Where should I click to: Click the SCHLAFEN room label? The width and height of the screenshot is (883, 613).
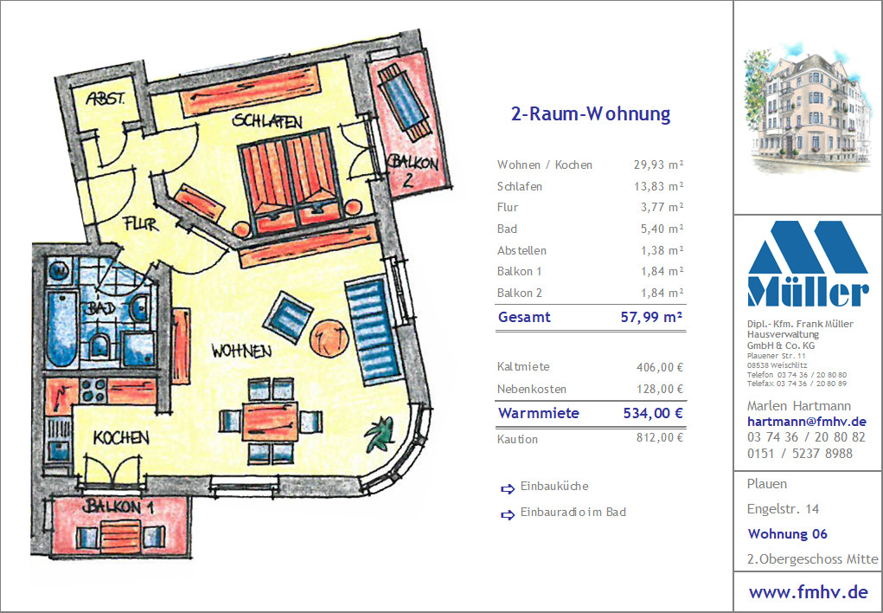pyautogui.click(x=267, y=120)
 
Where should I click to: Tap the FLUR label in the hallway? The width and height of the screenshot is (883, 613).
pyautogui.click(x=141, y=224)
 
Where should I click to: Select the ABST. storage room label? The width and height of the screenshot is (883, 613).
pyautogui.click(x=106, y=99)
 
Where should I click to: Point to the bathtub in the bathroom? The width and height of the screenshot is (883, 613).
pyautogui.click(x=61, y=329)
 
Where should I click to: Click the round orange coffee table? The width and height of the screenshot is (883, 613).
pyautogui.click(x=330, y=339)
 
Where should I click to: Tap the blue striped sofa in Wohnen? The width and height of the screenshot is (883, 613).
pyautogui.click(x=372, y=332)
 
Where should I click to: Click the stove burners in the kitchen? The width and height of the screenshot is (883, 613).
pyautogui.click(x=93, y=390)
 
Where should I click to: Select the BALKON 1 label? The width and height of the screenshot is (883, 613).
pyautogui.click(x=118, y=507)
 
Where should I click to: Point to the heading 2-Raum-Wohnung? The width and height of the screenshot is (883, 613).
pyautogui.click(x=591, y=114)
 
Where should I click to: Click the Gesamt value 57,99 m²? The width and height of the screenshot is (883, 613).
pyautogui.click(x=651, y=317)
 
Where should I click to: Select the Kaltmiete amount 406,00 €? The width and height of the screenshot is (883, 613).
pyautogui.click(x=659, y=367)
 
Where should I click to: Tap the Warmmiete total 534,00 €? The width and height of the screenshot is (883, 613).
pyautogui.click(x=653, y=413)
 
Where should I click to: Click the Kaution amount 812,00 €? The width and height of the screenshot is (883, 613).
pyautogui.click(x=659, y=437)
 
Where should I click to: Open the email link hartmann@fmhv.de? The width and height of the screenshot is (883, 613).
pyautogui.click(x=806, y=422)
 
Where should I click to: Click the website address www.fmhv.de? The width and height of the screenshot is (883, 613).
pyautogui.click(x=808, y=592)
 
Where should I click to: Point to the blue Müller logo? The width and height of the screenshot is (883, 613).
pyautogui.click(x=808, y=263)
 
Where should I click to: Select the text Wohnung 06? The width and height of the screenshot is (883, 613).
pyautogui.click(x=787, y=533)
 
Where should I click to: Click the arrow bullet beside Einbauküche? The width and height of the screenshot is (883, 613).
pyautogui.click(x=508, y=488)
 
